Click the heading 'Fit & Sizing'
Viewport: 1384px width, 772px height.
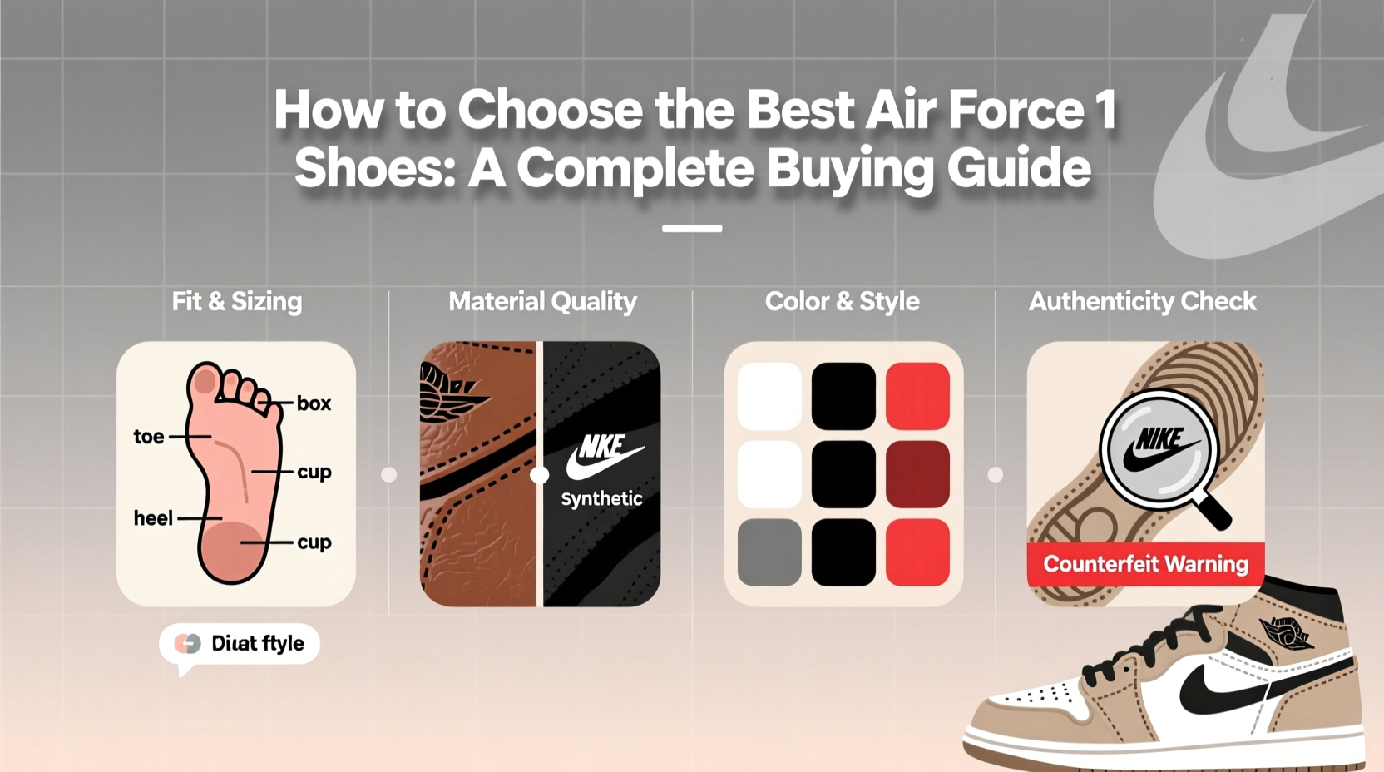(237, 301)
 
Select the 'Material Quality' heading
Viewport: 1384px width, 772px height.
(542, 301)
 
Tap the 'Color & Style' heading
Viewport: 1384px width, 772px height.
(842, 301)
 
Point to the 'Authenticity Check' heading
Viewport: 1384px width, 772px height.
(1142, 301)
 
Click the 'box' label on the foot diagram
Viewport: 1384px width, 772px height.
(314, 403)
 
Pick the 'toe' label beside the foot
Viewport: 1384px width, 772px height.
(149, 437)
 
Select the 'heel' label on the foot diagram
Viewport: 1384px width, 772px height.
(153, 518)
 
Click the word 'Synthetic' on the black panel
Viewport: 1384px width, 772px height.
(601, 498)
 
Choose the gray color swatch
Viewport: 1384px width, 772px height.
(769, 552)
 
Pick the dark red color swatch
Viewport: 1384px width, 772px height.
(917, 473)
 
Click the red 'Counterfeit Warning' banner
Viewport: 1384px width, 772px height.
(1145, 564)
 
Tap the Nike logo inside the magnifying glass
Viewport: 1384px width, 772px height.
(1159, 449)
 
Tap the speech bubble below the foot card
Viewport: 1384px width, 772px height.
(240, 644)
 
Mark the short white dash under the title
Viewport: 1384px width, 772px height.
(692, 228)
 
